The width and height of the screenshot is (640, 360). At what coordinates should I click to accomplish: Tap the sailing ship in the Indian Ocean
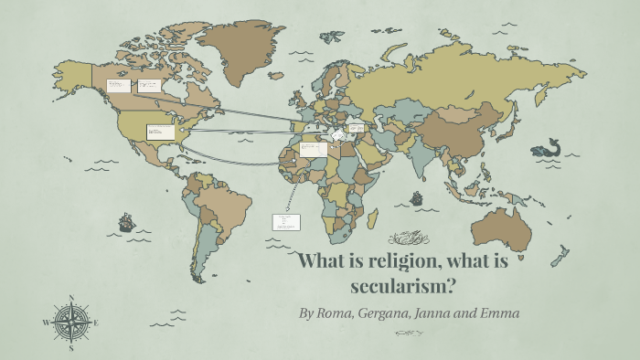[417, 197]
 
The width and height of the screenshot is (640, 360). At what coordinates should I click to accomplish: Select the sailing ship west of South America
[126, 221]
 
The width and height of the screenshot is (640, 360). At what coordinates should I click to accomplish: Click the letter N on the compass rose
[71, 298]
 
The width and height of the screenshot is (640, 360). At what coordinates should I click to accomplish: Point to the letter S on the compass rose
[71, 347]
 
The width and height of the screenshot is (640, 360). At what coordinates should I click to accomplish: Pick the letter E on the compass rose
[96, 323]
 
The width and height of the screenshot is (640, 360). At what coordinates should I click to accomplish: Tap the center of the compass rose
[71, 323]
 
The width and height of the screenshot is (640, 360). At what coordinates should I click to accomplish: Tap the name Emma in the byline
[501, 313]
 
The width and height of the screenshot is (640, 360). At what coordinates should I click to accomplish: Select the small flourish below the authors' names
[409, 334]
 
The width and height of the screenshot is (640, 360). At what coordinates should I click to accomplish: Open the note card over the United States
[160, 132]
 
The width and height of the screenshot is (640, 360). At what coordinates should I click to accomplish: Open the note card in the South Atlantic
[285, 221]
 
